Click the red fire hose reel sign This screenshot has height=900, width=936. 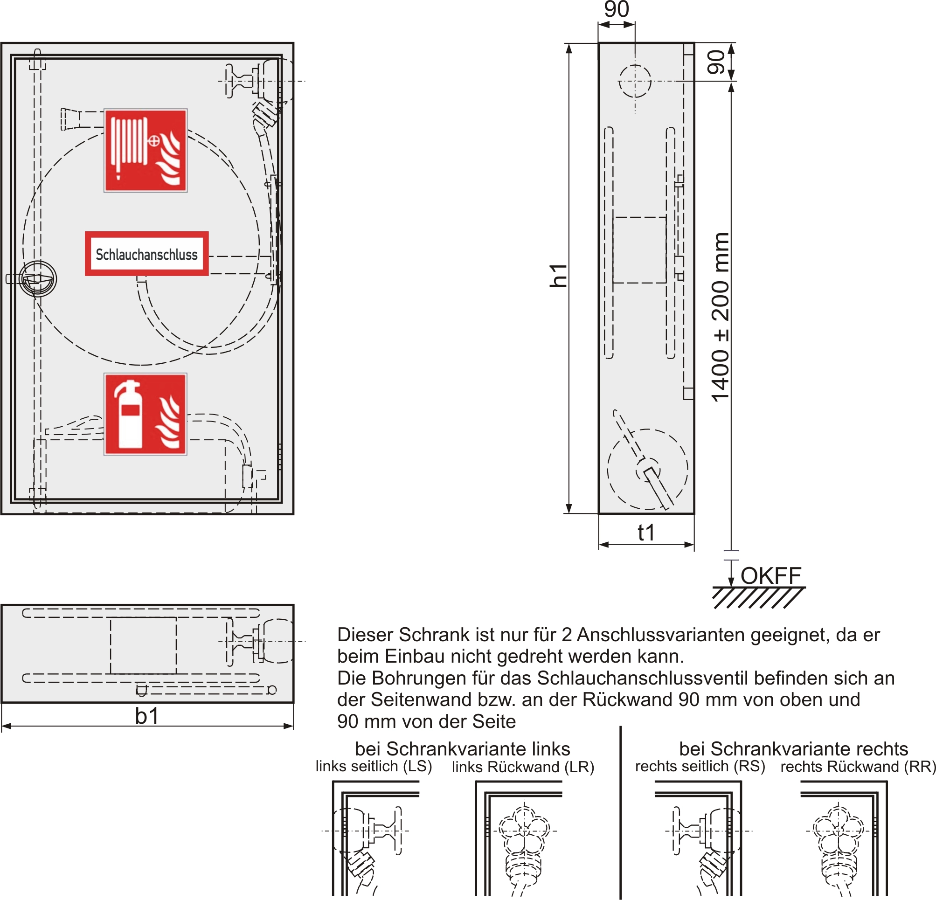[x=146, y=151]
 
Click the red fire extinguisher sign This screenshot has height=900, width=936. [x=146, y=414]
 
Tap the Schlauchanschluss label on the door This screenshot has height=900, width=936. [x=146, y=254]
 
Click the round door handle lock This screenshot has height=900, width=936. [x=38, y=279]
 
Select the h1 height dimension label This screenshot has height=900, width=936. [x=558, y=276]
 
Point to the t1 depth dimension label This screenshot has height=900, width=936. [x=646, y=533]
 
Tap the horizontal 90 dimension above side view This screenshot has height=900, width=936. [x=617, y=9]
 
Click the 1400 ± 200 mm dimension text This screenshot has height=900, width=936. [x=721, y=318]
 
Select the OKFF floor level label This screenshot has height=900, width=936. [x=771, y=576]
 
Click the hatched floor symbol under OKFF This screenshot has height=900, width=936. [x=758, y=598]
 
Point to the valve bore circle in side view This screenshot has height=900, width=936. [x=635, y=81]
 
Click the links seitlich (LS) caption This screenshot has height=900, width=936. [x=374, y=766]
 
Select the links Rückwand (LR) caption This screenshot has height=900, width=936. [x=523, y=767]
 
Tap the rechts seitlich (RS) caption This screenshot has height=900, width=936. [x=700, y=766]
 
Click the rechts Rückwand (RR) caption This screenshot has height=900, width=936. [x=858, y=767]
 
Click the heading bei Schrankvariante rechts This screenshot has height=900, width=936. [x=793, y=748]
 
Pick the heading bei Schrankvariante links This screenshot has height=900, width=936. [x=462, y=748]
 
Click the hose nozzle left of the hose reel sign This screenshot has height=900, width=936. [x=72, y=119]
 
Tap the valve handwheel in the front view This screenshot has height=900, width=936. [x=230, y=82]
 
